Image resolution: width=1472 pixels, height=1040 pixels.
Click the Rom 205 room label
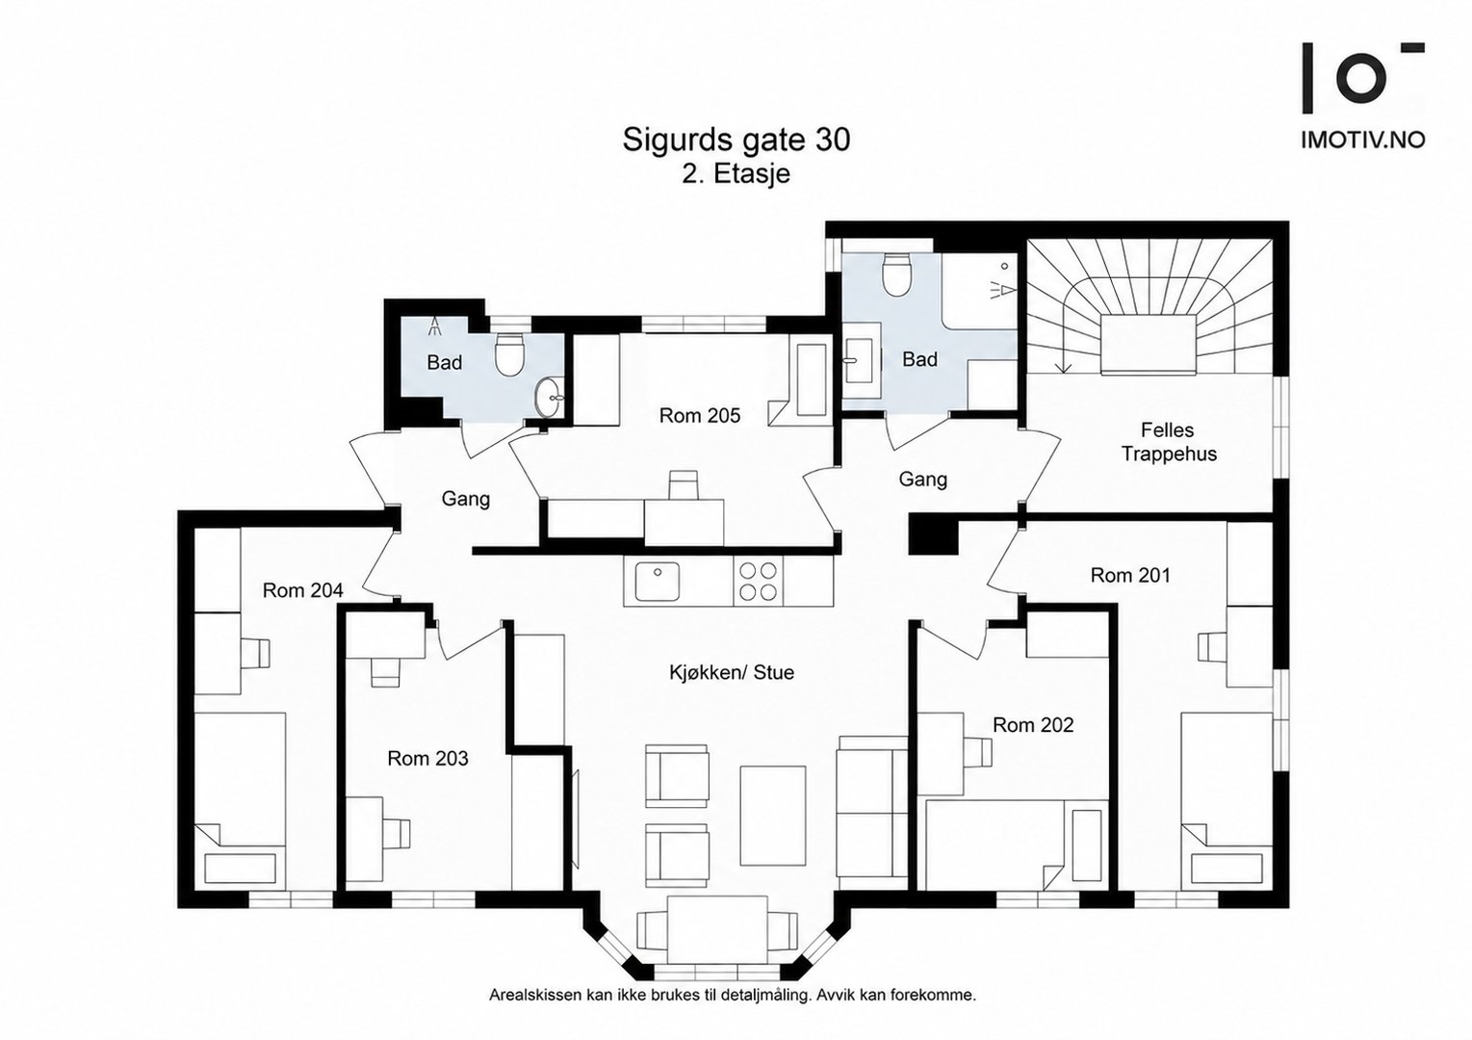(700, 415)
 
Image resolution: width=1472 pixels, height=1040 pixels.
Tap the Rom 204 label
(303, 590)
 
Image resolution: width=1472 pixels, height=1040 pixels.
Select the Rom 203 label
(427, 759)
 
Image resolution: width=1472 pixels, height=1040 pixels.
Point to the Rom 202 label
(1033, 725)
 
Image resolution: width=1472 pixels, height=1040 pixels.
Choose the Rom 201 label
(1130, 575)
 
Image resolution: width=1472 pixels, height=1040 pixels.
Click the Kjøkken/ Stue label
(732, 672)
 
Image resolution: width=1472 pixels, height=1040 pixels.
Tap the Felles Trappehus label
(1169, 442)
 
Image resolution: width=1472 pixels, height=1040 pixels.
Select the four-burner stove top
(758, 581)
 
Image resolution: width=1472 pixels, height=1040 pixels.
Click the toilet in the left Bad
(508, 354)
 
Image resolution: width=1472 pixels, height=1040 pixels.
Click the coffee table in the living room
(773, 816)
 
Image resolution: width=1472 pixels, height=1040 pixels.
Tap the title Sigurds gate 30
(736, 140)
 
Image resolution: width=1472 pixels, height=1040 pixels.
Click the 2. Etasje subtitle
(736, 174)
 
